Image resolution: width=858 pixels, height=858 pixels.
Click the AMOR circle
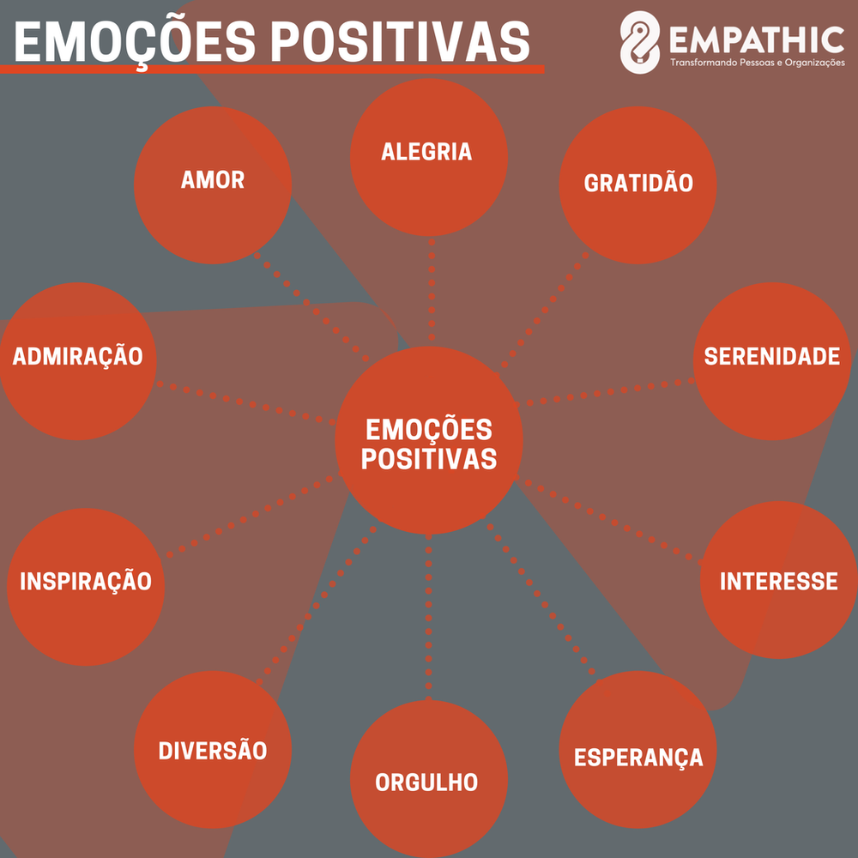point(213,184)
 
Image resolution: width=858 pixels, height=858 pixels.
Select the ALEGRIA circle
point(428,156)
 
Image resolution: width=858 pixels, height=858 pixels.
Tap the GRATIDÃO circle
point(637,184)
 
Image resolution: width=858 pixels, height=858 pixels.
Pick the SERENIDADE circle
point(771,360)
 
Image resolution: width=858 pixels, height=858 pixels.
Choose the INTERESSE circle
point(778,580)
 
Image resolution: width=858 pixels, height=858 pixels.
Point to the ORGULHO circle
point(428,779)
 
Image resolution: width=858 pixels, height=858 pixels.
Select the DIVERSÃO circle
point(213,749)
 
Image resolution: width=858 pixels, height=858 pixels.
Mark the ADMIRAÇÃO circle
point(78,360)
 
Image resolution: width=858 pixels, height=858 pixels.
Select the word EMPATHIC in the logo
point(755,39)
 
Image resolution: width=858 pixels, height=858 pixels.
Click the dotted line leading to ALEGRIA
point(432,292)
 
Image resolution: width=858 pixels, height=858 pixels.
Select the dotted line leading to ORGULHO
point(429,618)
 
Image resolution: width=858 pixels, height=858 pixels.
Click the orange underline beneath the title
point(275,68)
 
